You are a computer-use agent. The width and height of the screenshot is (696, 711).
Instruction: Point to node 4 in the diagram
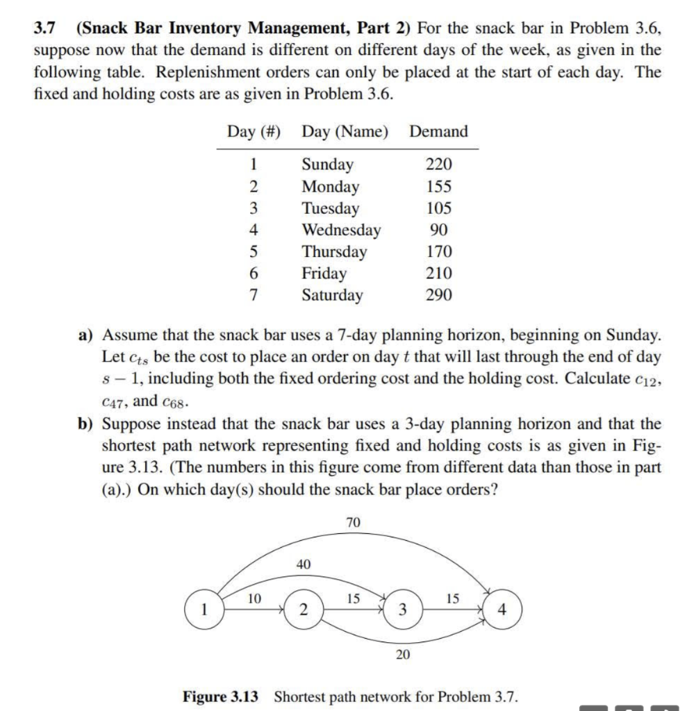point(502,610)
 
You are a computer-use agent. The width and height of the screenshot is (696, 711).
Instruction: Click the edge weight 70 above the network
point(353,523)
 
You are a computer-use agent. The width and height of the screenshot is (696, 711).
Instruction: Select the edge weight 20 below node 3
point(403,653)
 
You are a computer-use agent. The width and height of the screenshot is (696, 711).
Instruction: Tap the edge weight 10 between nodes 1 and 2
point(255,597)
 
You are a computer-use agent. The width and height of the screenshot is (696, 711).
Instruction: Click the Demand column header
point(438,131)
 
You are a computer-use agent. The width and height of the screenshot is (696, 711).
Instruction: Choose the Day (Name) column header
point(345,131)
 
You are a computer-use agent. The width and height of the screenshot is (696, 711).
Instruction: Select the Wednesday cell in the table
point(340,230)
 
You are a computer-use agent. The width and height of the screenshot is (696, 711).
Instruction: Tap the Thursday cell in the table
point(334,251)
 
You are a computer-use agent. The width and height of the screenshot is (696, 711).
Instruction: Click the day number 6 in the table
point(254,274)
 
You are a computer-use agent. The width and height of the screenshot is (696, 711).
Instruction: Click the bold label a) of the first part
point(85,335)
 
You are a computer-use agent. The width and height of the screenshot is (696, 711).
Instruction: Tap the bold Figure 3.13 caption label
point(224,696)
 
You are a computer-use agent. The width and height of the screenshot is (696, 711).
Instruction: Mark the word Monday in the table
point(330,186)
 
